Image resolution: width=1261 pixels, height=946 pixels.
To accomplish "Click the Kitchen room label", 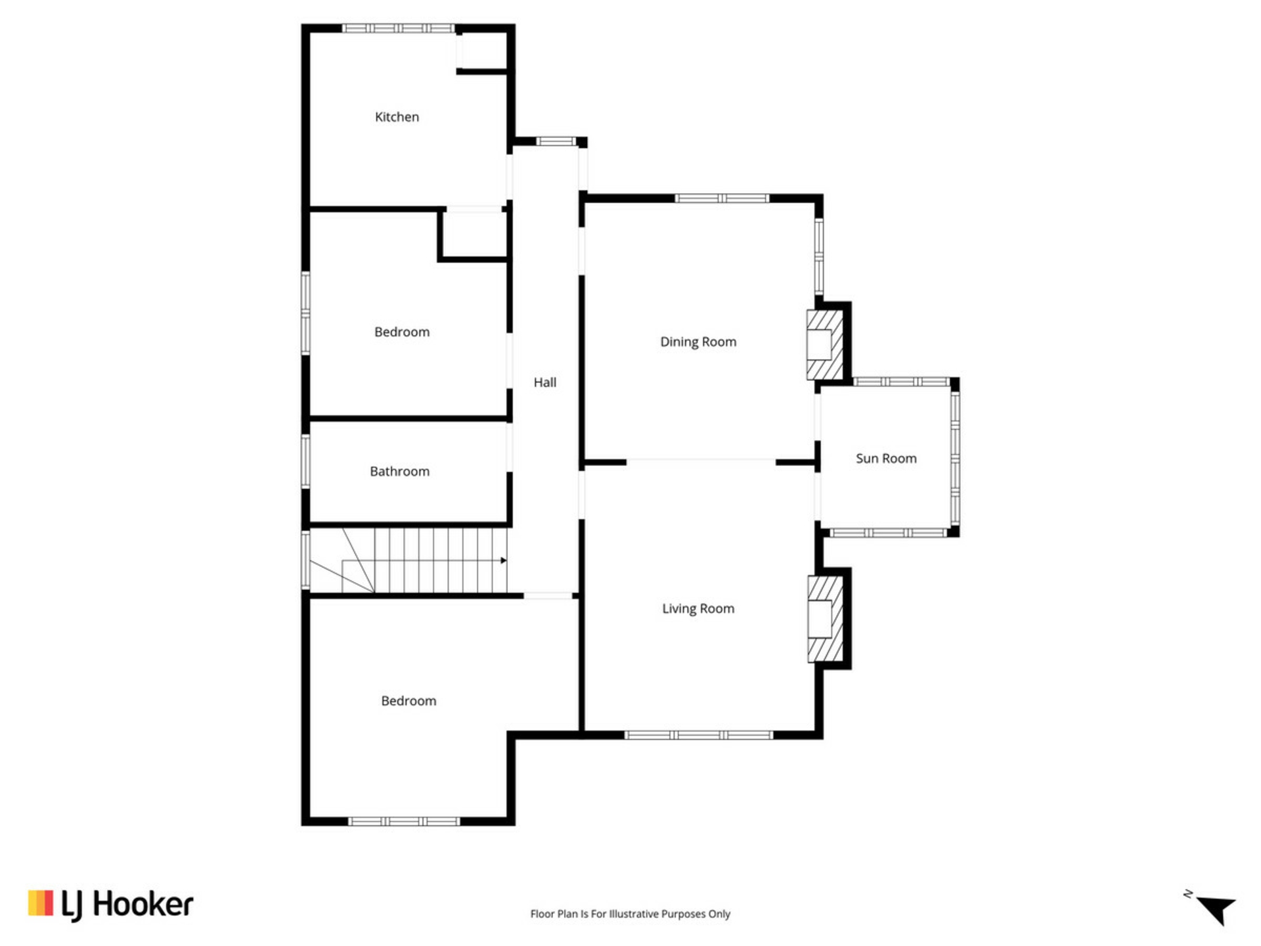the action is coord(397,117).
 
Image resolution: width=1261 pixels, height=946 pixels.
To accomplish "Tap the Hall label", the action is coord(544,382).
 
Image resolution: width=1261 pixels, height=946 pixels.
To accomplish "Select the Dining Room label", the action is coord(698,342).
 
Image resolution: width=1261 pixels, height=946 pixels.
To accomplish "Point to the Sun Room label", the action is coord(886,459).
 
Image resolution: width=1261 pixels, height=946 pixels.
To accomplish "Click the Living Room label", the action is coord(698,609).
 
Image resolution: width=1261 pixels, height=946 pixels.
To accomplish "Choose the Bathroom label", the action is coord(399,472).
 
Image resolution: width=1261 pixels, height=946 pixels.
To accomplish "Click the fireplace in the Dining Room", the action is coord(825,345).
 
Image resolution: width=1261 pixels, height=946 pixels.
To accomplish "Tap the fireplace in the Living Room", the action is coord(826,619).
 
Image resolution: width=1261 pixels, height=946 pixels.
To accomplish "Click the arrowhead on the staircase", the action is coord(504,560).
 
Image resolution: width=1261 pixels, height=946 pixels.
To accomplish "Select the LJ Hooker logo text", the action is coord(127,905).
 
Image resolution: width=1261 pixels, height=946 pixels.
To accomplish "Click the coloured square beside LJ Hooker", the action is coord(41,903).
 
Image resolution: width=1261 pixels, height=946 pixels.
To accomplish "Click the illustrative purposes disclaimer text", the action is coord(630,914).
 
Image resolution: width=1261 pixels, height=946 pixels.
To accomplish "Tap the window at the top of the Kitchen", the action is coord(399,28).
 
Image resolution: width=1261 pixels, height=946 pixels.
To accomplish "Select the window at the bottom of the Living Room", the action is coord(699,735).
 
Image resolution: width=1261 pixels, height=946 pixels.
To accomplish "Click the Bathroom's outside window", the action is coord(305,461).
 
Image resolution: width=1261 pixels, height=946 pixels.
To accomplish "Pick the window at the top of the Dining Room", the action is coord(722,198).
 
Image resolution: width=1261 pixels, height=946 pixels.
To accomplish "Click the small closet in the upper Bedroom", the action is coord(474,235).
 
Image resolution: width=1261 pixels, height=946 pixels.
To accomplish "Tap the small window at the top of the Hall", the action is coord(556,141).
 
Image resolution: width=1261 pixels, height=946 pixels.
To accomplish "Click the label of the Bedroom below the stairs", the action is coord(409,701).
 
